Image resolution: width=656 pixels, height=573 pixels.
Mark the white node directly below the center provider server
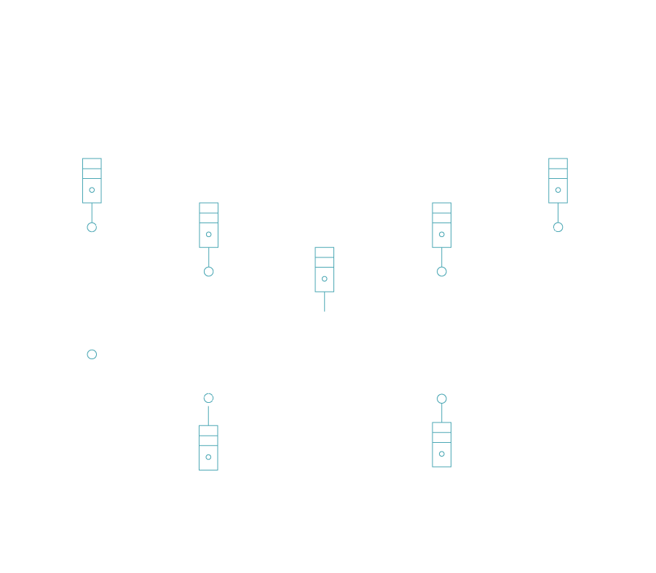[325, 316]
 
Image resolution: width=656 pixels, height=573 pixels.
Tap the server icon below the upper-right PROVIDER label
[558, 180]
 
